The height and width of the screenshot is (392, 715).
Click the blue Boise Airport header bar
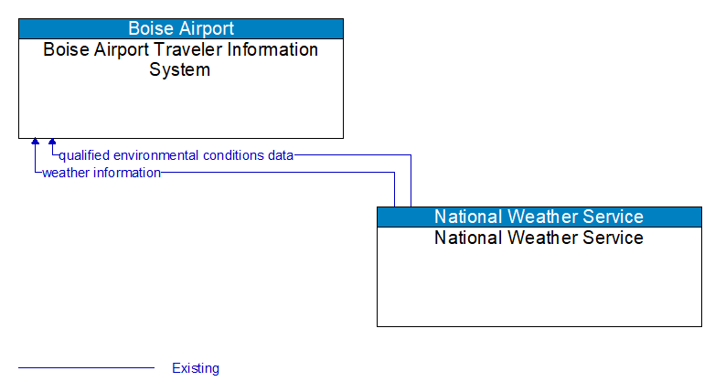coord(180,28)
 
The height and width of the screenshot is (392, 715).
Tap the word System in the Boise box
coord(180,69)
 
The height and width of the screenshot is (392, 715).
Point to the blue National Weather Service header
coord(539,217)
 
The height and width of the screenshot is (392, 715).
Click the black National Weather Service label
coord(539,238)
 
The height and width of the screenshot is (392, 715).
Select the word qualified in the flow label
coord(84,155)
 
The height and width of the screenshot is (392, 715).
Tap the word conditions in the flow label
coord(233,155)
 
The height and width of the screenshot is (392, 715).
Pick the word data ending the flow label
coord(280,155)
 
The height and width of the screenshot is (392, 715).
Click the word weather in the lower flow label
coord(64,173)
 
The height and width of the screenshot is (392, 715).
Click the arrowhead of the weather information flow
coord(35,143)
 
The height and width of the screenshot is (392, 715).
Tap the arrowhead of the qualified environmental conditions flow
coord(52,143)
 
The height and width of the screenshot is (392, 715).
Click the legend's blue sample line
coord(86,368)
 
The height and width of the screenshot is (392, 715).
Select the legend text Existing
coord(196,368)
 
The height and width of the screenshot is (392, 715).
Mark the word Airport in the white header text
coord(206,28)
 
